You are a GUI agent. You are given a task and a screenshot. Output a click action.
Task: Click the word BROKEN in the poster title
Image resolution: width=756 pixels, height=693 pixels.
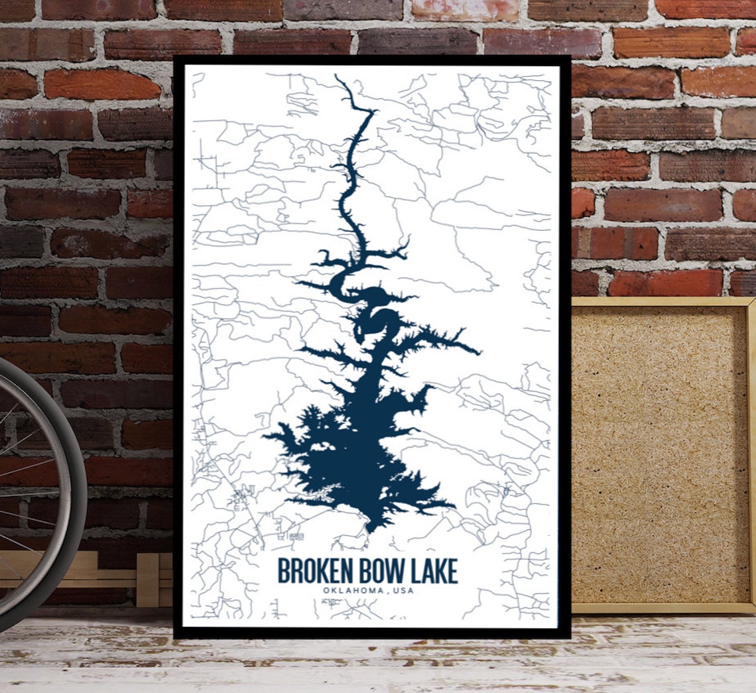click(310, 571)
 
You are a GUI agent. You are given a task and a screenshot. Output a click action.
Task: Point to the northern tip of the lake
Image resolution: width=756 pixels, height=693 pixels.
click(336, 77)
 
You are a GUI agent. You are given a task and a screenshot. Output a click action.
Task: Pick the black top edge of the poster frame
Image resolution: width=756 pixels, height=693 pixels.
click(371, 60)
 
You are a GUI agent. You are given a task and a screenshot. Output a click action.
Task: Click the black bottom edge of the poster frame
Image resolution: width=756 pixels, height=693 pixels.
click(371, 633)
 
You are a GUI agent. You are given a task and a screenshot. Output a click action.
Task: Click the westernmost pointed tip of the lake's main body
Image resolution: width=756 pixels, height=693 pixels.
click(265, 436)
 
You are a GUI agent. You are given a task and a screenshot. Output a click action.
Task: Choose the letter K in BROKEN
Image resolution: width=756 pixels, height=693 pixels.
click(320, 571)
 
